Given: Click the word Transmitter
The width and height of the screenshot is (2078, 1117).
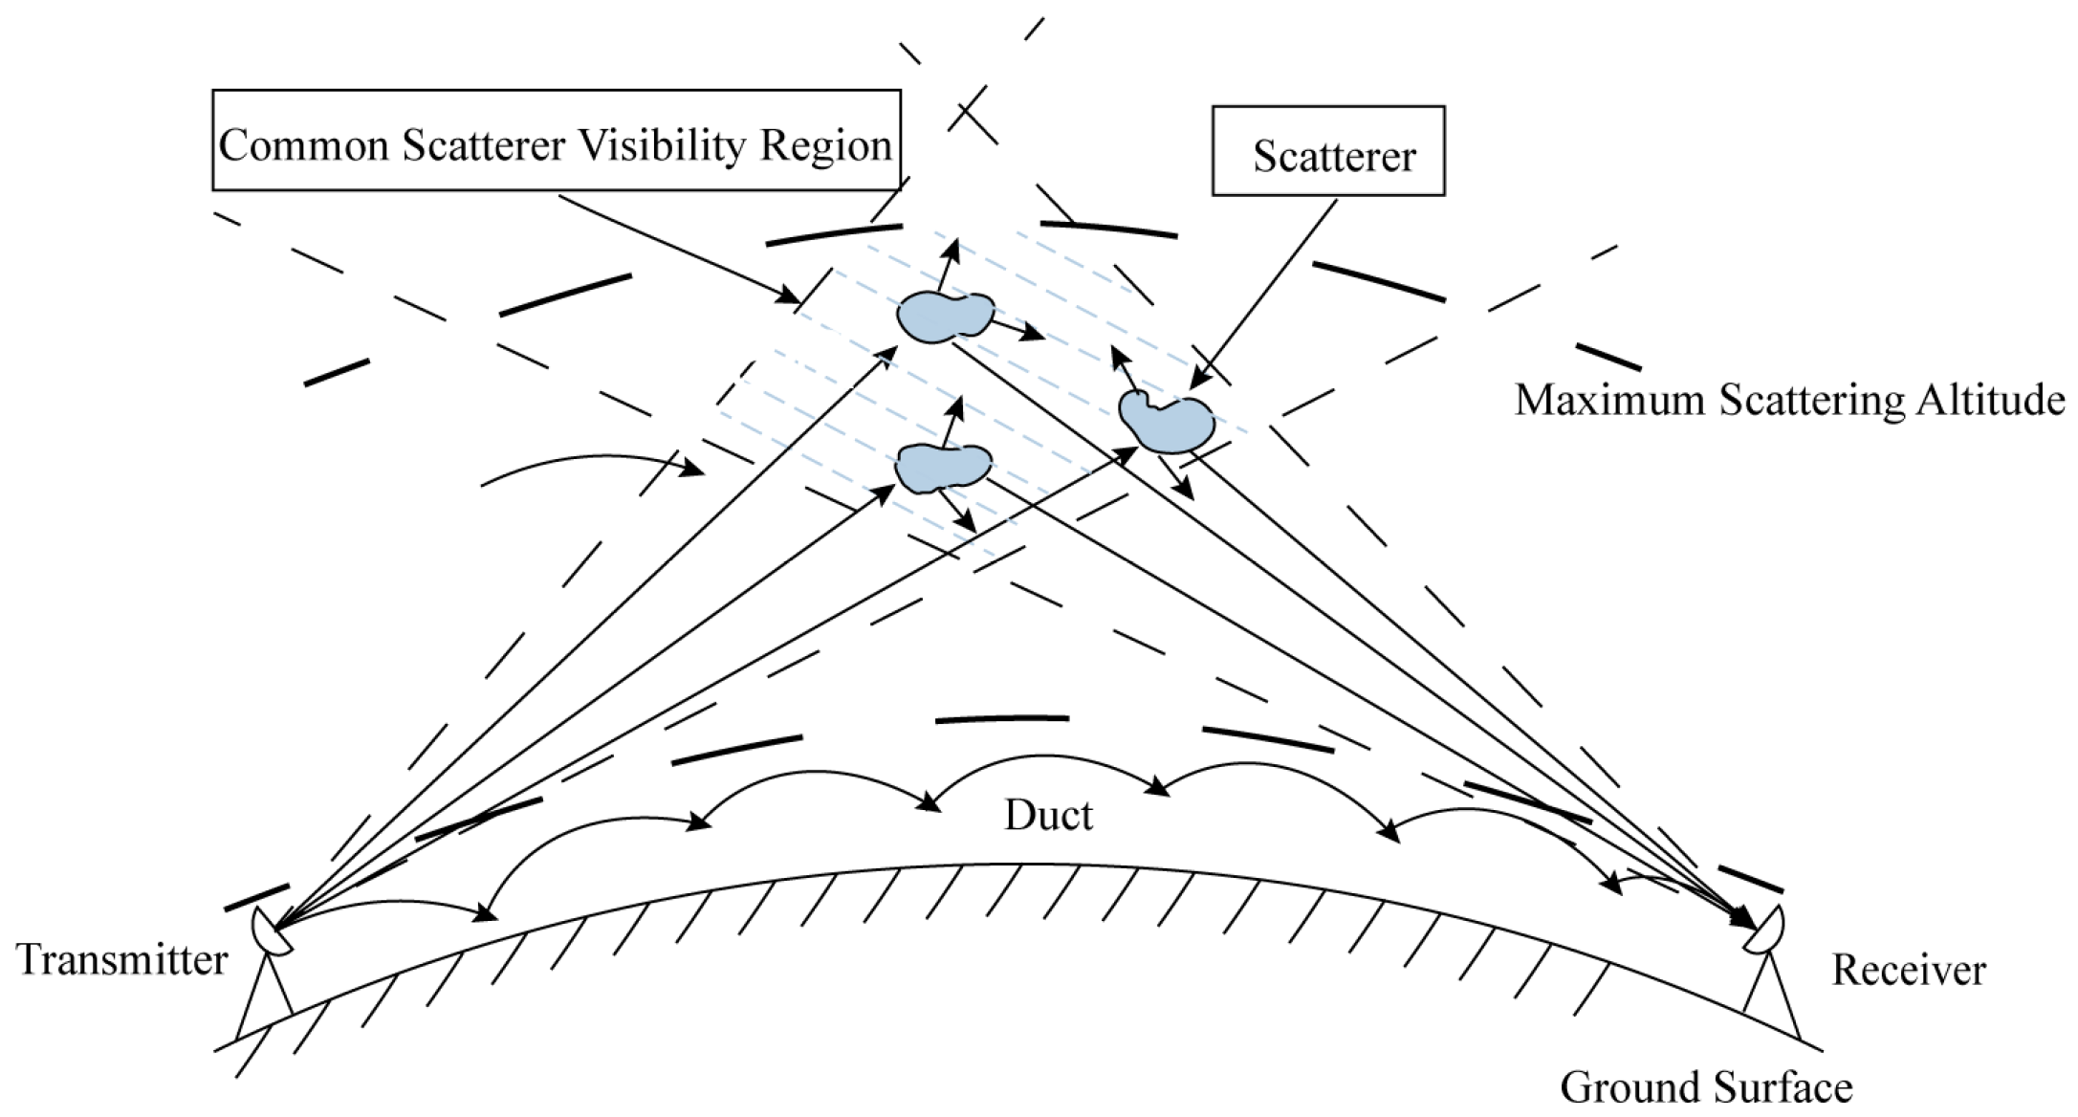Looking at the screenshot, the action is click(122, 959).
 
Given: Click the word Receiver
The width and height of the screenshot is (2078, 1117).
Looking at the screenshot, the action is click(1909, 970).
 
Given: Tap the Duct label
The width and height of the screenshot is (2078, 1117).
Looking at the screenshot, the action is click(1048, 816).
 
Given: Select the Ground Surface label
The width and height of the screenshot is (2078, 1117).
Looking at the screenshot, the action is click(1707, 1087).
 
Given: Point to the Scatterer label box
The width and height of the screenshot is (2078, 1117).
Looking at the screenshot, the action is click(1328, 151).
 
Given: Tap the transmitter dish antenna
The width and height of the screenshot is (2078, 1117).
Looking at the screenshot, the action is click(271, 929).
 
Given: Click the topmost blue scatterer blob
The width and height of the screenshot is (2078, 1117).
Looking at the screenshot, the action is click(945, 317).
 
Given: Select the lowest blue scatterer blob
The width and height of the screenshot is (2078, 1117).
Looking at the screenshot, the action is click(943, 468).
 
